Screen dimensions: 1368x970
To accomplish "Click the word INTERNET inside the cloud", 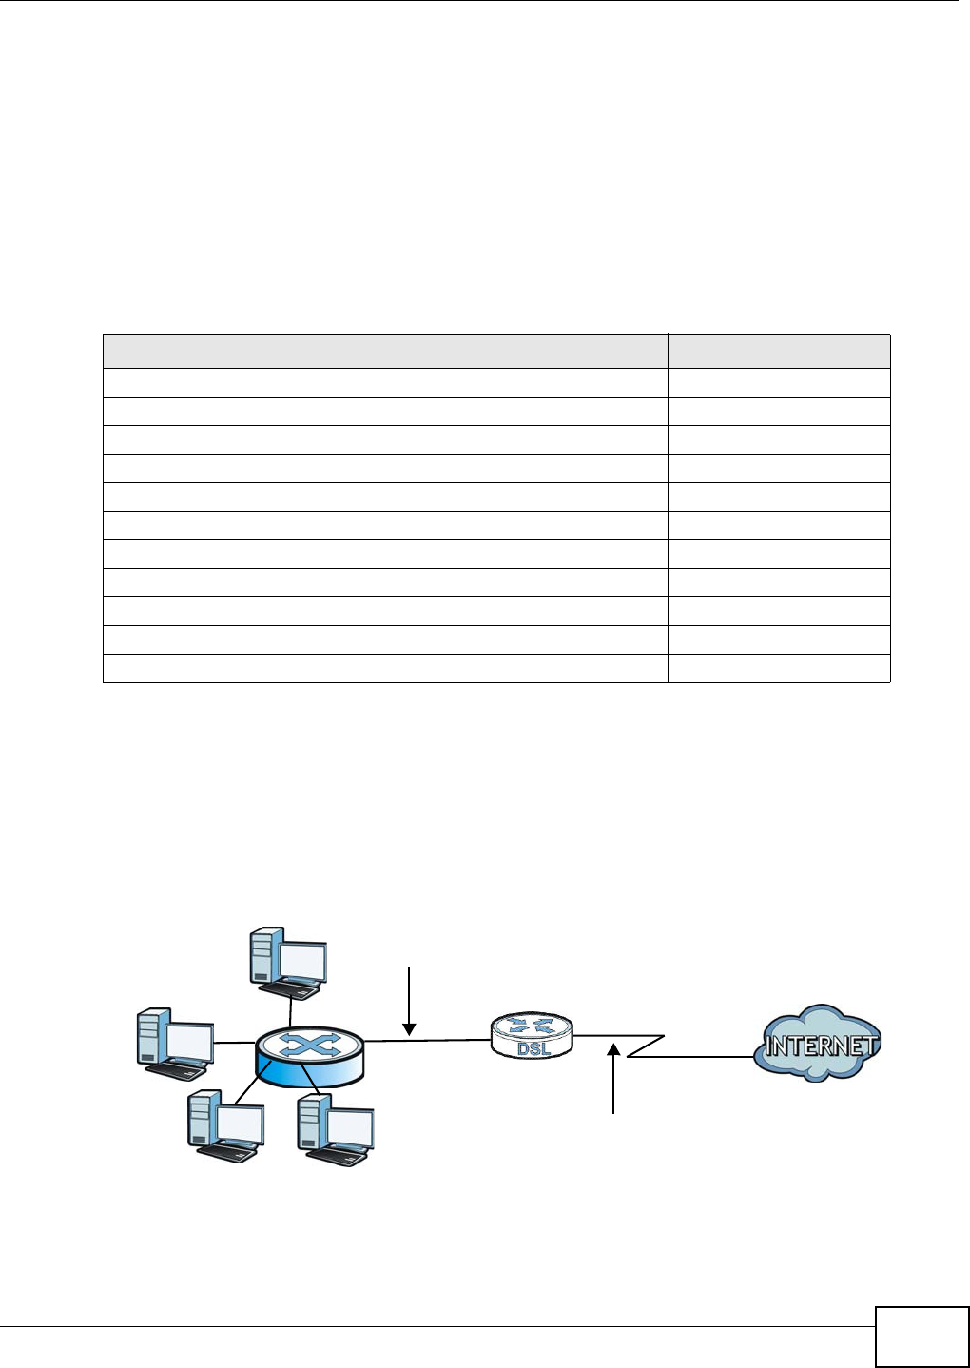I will click(821, 1046).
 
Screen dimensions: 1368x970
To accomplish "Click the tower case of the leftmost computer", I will click(151, 1040).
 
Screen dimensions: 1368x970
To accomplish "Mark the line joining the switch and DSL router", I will click(428, 1041).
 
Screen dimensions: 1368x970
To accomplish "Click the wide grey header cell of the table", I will click(385, 351).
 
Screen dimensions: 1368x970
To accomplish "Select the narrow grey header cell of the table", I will click(779, 351).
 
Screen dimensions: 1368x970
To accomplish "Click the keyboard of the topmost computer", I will click(295, 991).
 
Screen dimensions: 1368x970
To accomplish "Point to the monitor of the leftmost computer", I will click(188, 1041).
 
